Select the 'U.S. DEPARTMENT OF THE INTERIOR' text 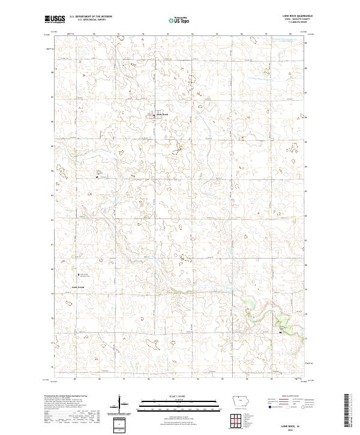point(91,17)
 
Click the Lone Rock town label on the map point(163,115)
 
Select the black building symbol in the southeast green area point(281,331)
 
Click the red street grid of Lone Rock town point(154,115)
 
